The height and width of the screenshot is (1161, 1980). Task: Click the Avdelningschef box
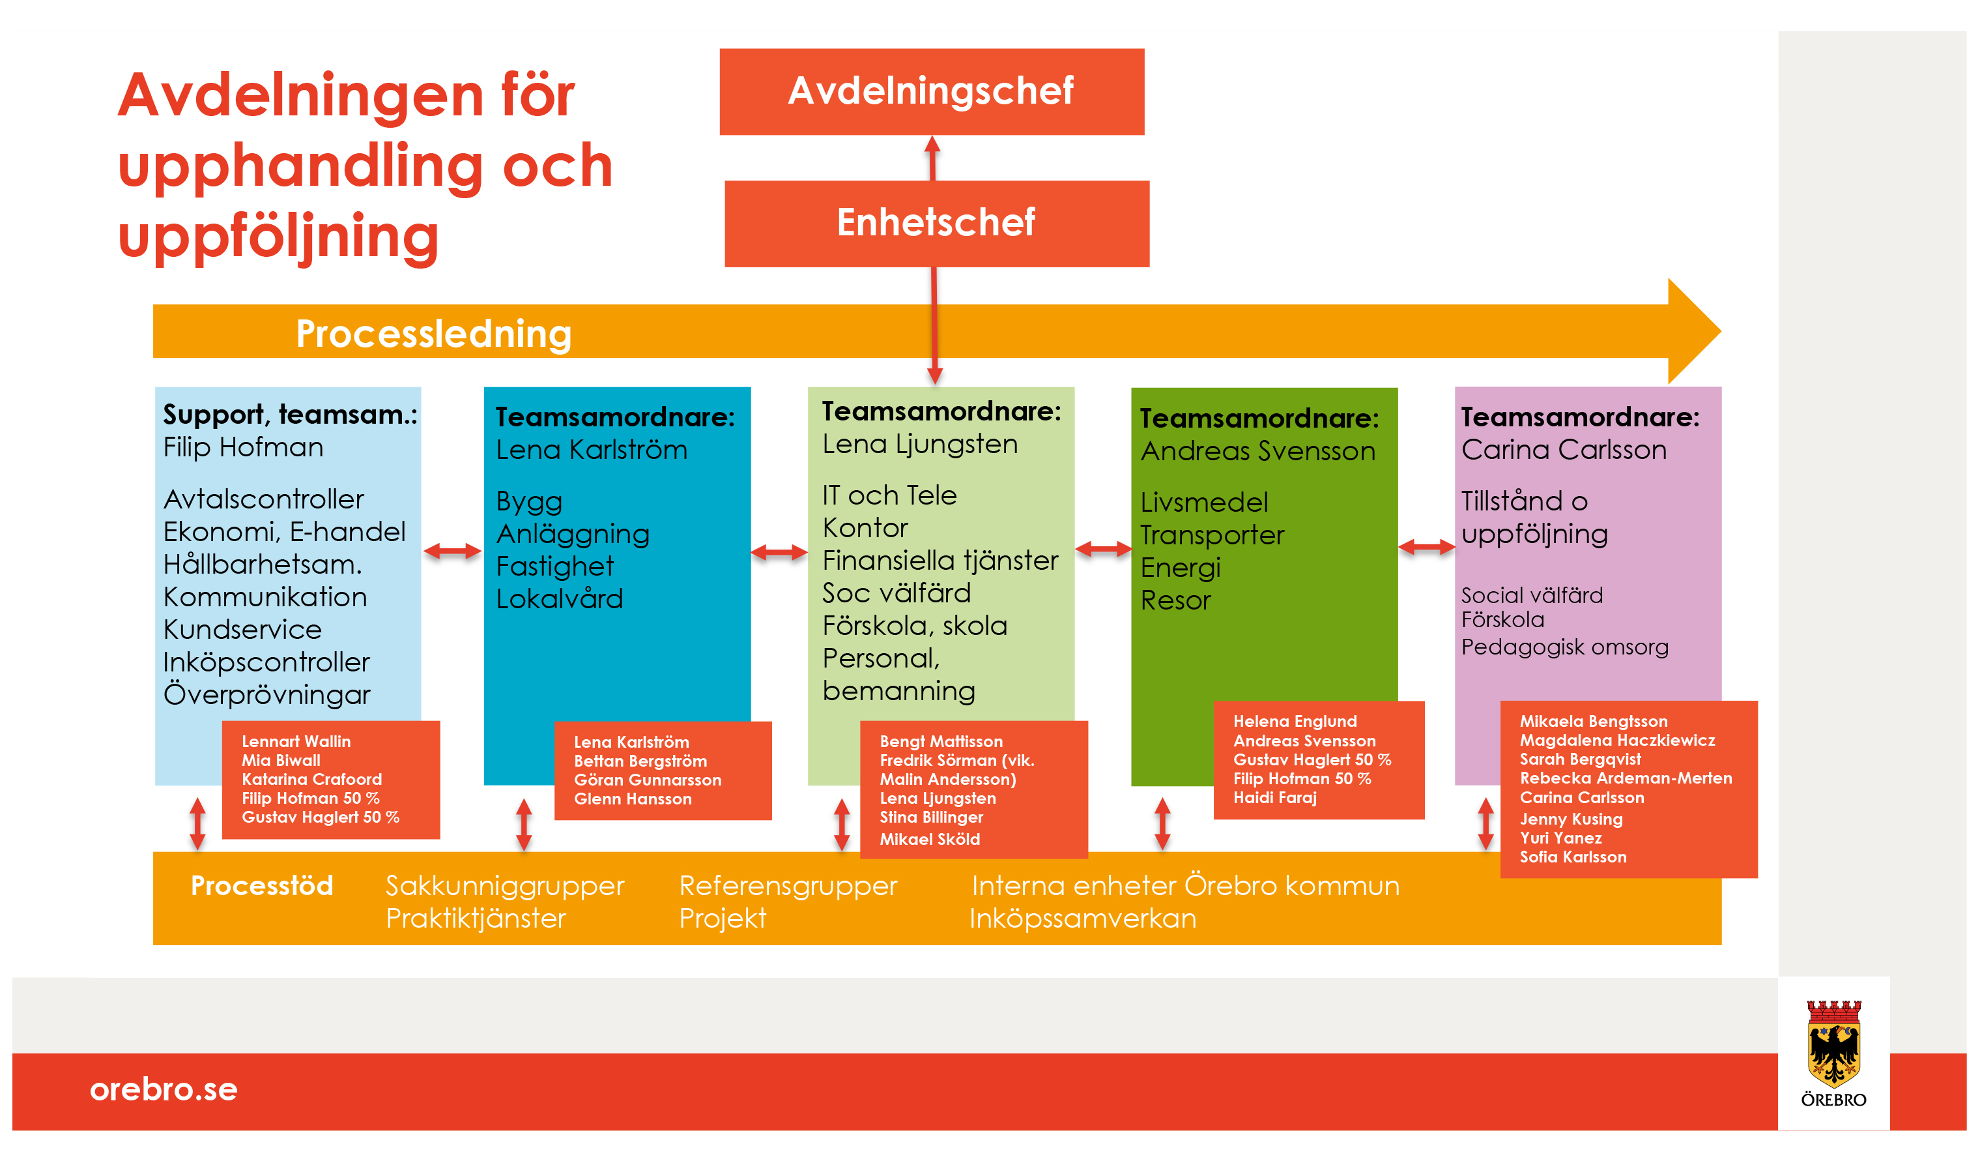tap(932, 91)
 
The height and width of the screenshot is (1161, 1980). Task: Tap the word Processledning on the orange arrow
tap(434, 333)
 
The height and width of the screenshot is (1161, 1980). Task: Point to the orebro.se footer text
tap(164, 1089)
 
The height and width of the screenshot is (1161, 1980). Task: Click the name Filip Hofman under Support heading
tap(243, 447)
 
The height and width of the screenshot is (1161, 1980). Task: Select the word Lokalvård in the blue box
tap(560, 599)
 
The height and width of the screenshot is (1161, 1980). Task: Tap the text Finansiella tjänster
tap(940, 561)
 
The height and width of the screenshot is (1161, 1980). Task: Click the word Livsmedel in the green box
tap(1204, 503)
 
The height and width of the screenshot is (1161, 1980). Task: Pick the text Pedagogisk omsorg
tap(1564, 647)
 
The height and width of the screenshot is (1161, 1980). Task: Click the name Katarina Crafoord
tap(311, 779)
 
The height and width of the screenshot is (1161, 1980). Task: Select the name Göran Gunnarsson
tap(648, 780)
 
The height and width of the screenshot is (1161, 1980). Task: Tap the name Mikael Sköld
tap(930, 839)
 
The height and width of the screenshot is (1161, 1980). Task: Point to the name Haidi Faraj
tap(1274, 797)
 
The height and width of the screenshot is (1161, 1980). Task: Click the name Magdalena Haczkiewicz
tap(1617, 740)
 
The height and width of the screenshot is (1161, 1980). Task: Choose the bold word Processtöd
tap(262, 886)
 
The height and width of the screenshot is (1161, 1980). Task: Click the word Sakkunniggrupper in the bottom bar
tap(504, 886)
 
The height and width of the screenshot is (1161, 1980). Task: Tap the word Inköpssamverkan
tap(1082, 918)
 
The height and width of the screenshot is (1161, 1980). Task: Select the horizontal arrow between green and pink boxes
tap(1426, 547)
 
